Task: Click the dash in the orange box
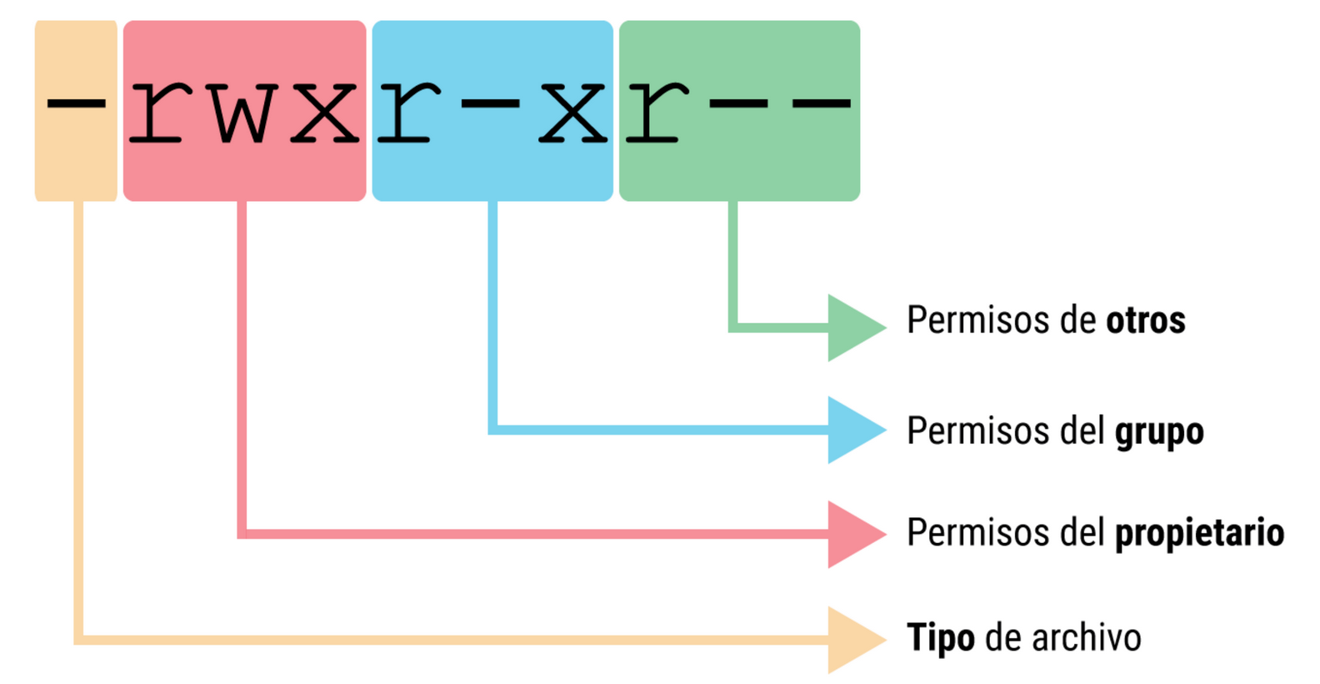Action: [76, 104]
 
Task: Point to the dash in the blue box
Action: [490, 104]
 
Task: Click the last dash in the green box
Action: [821, 104]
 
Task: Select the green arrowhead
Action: [852, 327]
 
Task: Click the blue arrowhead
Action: [852, 430]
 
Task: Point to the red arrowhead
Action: [852, 534]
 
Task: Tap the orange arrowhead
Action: [852, 639]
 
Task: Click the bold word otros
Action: [1145, 320]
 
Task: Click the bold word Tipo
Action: [940, 638]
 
